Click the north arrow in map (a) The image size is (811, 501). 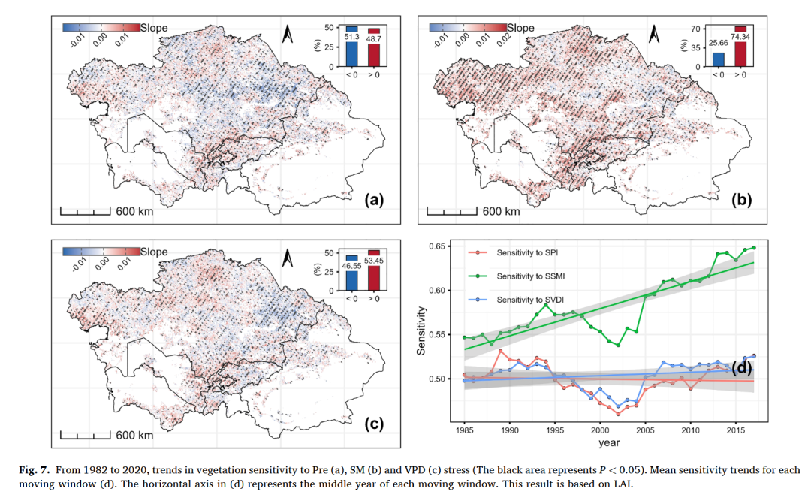coord(288,35)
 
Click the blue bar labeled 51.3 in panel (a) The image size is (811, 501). coord(351,47)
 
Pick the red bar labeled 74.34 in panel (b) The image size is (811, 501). coord(740,47)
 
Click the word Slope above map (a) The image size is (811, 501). coord(154,28)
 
